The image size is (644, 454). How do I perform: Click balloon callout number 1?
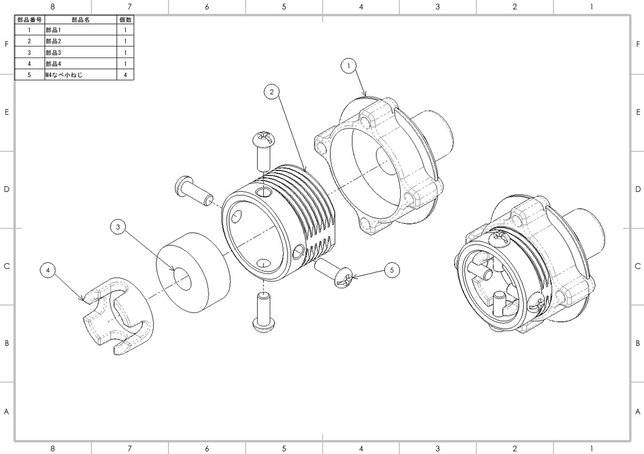348,66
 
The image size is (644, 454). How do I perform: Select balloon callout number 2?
272,92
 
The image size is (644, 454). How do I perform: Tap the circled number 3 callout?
118,227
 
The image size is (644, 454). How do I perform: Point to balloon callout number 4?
48,270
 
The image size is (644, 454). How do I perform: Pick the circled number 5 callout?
392,270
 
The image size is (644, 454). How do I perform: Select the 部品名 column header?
81,20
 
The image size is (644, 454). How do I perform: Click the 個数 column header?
125,20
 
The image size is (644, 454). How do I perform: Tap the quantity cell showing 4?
125,75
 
